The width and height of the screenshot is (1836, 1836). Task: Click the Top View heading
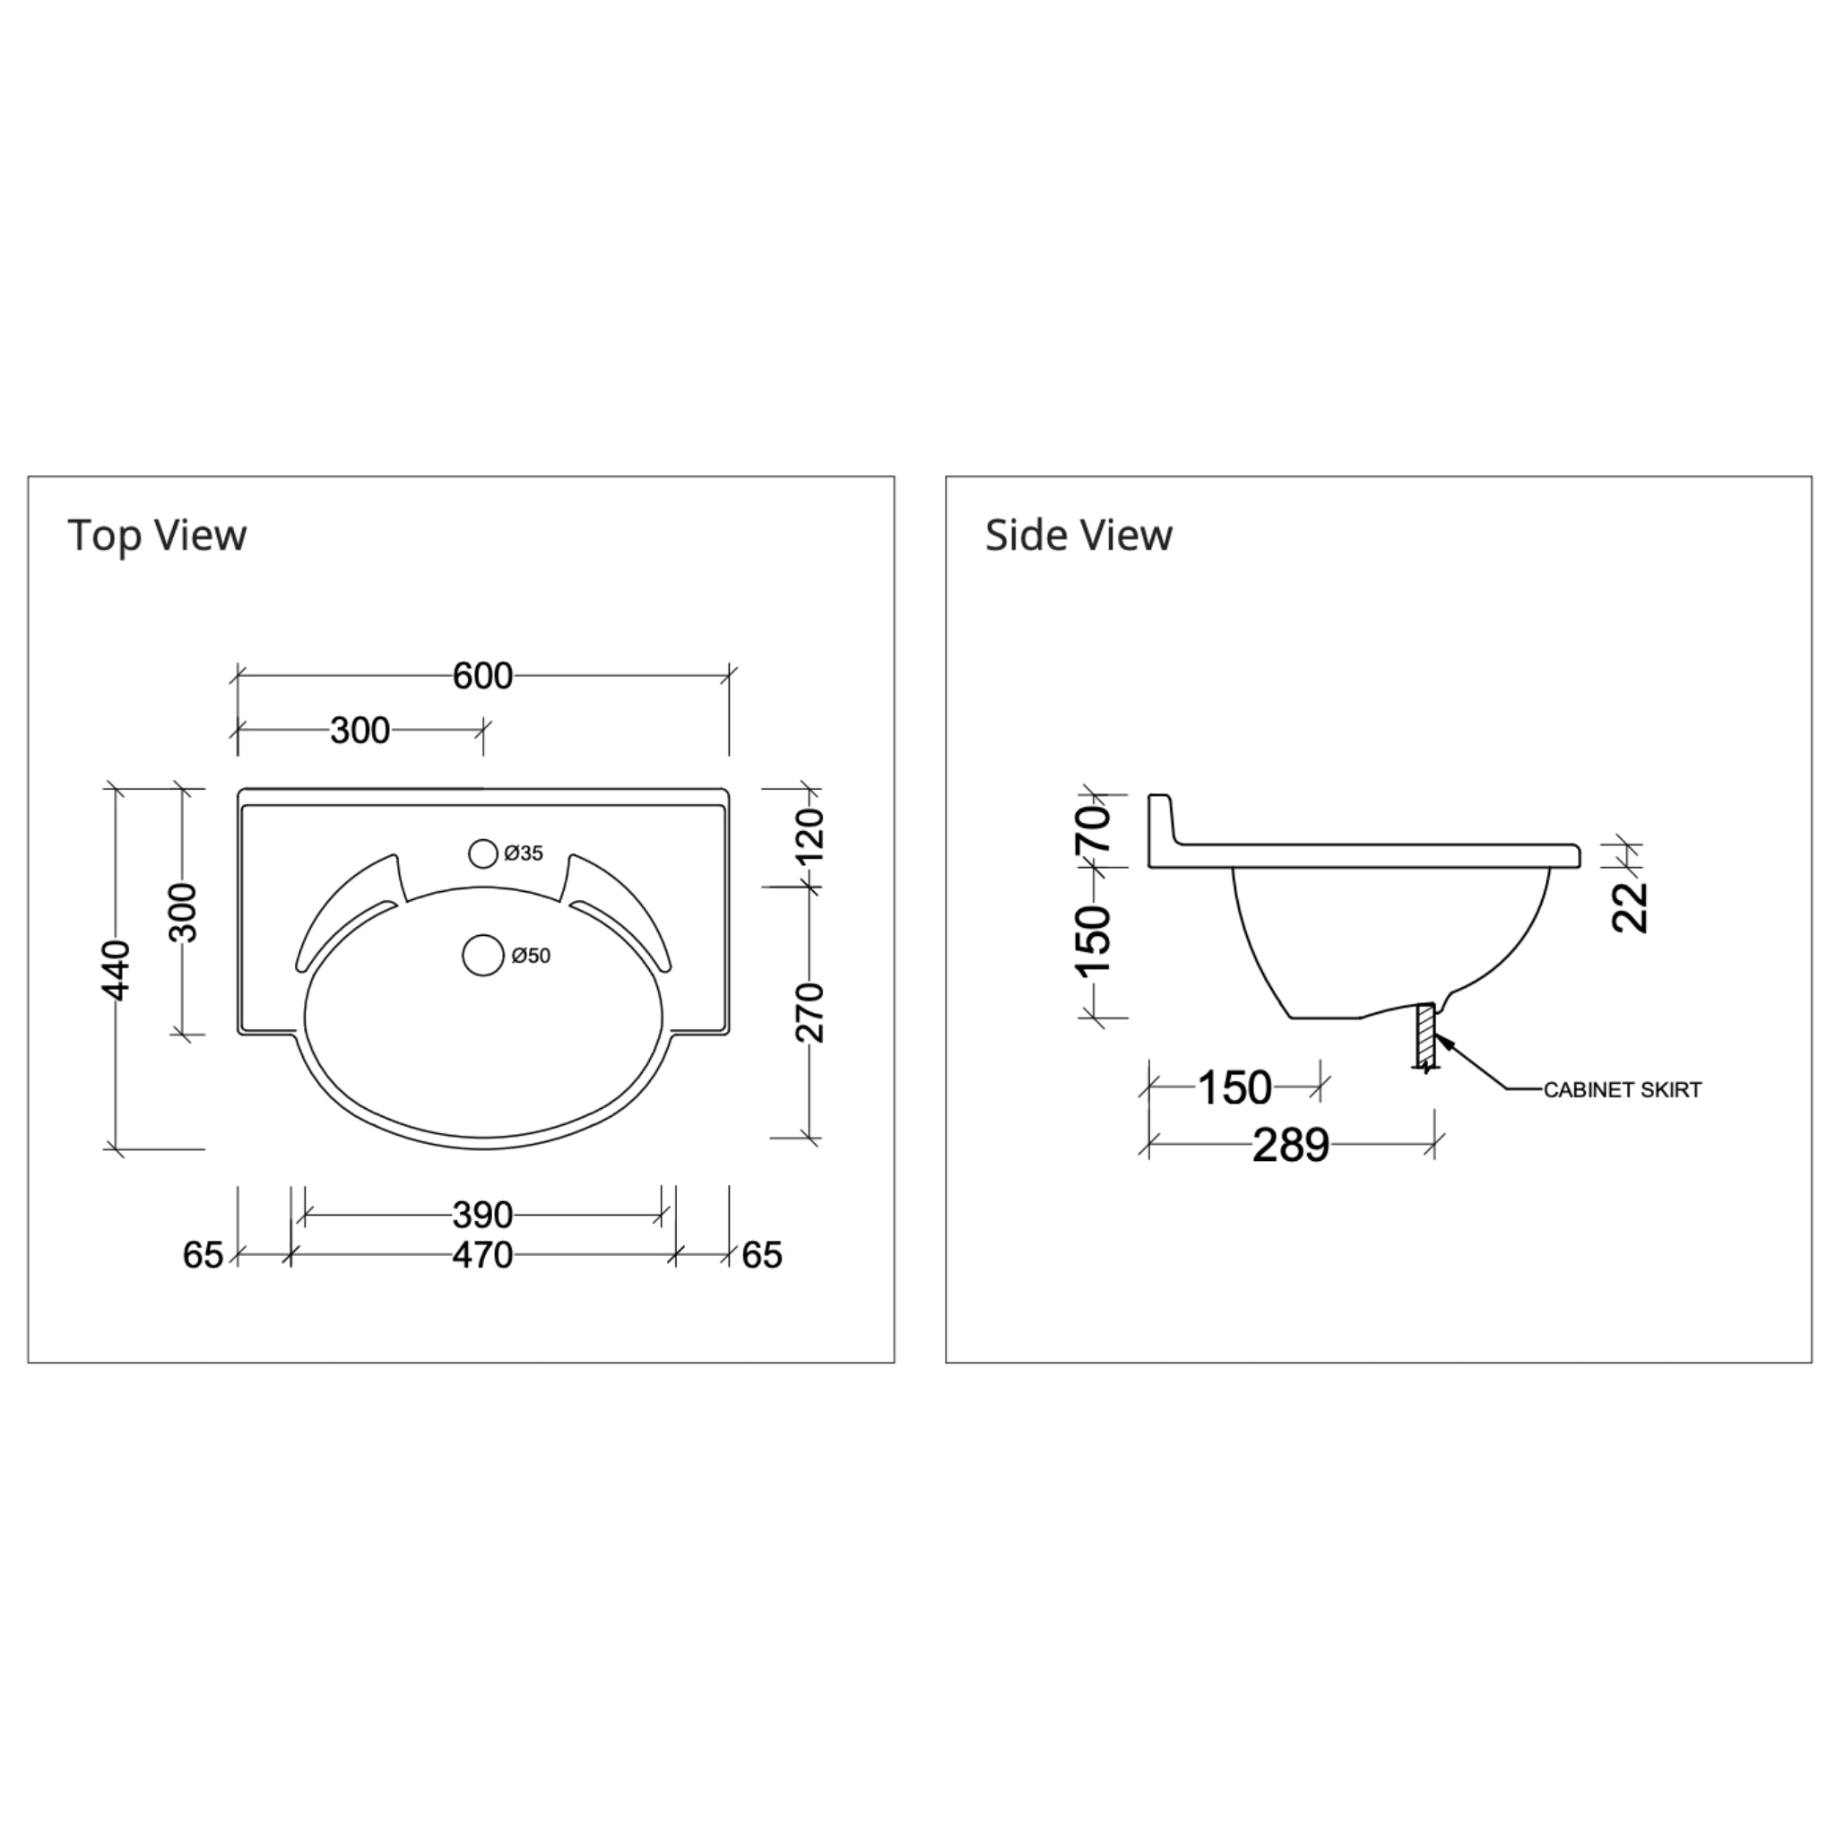pyautogui.click(x=157, y=535)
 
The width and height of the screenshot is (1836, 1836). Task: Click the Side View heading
pyautogui.click(x=1078, y=535)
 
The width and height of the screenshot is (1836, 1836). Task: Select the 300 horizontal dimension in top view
pyautogui.click(x=359, y=731)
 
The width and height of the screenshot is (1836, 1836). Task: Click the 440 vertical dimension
pyautogui.click(x=116, y=969)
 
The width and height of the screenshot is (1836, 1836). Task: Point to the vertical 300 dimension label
pyautogui.click(x=184, y=913)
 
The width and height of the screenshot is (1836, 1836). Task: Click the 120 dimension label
pyautogui.click(x=810, y=836)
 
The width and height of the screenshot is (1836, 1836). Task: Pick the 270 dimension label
pyautogui.click(x=810, y=1013)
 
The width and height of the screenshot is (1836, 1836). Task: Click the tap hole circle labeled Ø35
pyautogui.click(x=483, y=853)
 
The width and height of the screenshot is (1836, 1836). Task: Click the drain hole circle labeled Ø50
pyautogui.click(x=483, y=955)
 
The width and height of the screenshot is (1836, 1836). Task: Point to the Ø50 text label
pyautogui.click(x=531, y=955)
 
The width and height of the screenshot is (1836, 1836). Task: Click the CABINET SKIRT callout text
pyautogui.click(x=1621, y=1090)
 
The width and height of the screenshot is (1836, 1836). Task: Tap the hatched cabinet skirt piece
pyautogui.click(x=1424, y=1035)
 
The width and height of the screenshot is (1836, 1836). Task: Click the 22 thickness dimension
pyautogui.click(x=1631, y=907)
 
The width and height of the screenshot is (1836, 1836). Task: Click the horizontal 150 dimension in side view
pyautogui.click(x=1234, y=1088)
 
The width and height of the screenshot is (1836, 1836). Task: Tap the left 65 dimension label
pyautogui.click(x=203, y=1255)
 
